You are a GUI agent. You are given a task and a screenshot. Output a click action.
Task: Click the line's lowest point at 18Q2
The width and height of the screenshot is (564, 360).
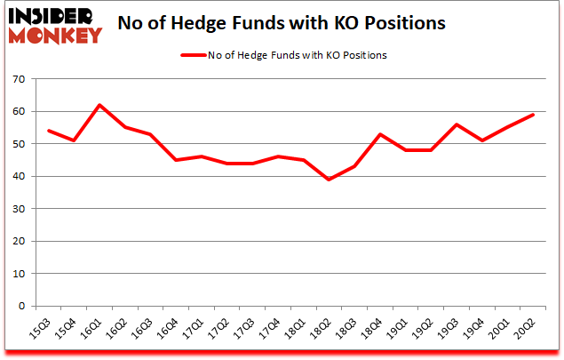pos(330,180)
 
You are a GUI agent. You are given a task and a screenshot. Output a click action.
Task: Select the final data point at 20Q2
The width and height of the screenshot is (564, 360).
pos(534,115)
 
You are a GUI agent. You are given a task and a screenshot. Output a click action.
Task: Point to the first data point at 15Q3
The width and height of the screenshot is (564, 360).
pos(48,131)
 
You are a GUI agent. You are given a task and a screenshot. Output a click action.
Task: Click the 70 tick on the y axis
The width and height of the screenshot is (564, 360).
pos(17,79)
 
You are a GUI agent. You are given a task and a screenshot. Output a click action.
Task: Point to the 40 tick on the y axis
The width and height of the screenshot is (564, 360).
pos(17,176)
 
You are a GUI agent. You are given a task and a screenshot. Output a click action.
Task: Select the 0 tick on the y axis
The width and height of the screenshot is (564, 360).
pos(20,306)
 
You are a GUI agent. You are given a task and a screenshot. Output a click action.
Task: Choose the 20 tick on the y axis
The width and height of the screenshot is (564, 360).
pos(17,241)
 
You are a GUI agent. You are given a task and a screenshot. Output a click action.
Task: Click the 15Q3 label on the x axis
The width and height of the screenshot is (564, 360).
pos(43,332)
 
